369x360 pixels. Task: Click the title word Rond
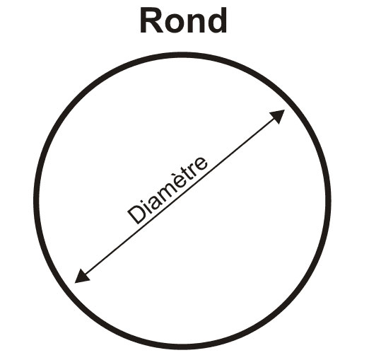pyautogui.click(x=183, y=21)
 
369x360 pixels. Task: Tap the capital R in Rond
pyautogui.click(x=151, y=21)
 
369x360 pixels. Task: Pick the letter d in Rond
pyautogui.click(x=217, y=21)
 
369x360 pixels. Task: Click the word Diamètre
pyautogui.click(x=168, y=190)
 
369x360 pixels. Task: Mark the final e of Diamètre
pyautogui.click(x=201, y=162)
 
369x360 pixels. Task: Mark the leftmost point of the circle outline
pyautogui.click(x=37, y=201)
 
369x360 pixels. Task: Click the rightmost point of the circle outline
pyautogui.click(x=329, y=201)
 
